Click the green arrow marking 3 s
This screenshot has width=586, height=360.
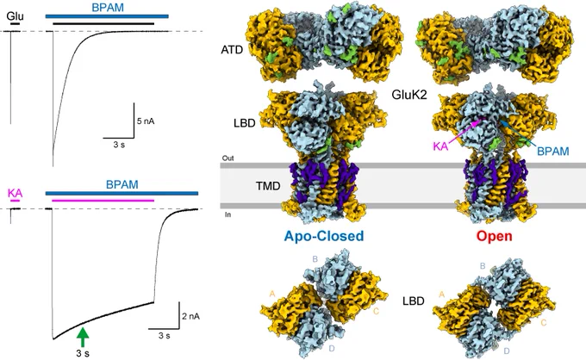tap(83, 337)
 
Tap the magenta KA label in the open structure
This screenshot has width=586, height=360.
tap(440, 146)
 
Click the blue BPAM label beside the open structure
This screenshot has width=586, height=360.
tap(552, 152)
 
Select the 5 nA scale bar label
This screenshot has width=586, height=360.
tap(146, 121)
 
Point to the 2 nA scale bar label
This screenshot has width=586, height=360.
tap(191, 316)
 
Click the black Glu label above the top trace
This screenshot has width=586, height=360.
tap(15, 16)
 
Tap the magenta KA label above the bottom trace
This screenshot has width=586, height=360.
tap(15, 193)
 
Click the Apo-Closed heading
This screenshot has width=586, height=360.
tap(324, 236)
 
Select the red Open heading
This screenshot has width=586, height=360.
tap(494, 236)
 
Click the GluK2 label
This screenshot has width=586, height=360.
tap(409, 95)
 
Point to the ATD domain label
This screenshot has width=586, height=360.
tap(232, 50)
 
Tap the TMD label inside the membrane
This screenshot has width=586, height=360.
tap(268, 186)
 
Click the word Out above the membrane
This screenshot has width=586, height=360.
tap(228, 158)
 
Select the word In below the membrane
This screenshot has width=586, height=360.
tap(228, 214)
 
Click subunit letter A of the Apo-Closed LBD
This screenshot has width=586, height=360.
tap(272, 295)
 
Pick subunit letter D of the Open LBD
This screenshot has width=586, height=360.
tap(507, 351)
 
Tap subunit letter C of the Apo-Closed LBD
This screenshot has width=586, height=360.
tap(376, 311)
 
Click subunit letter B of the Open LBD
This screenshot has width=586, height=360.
tap(483, 266)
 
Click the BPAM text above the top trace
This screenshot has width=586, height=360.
tap(108, 8)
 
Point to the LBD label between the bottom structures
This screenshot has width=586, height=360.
tap(414, 301)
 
